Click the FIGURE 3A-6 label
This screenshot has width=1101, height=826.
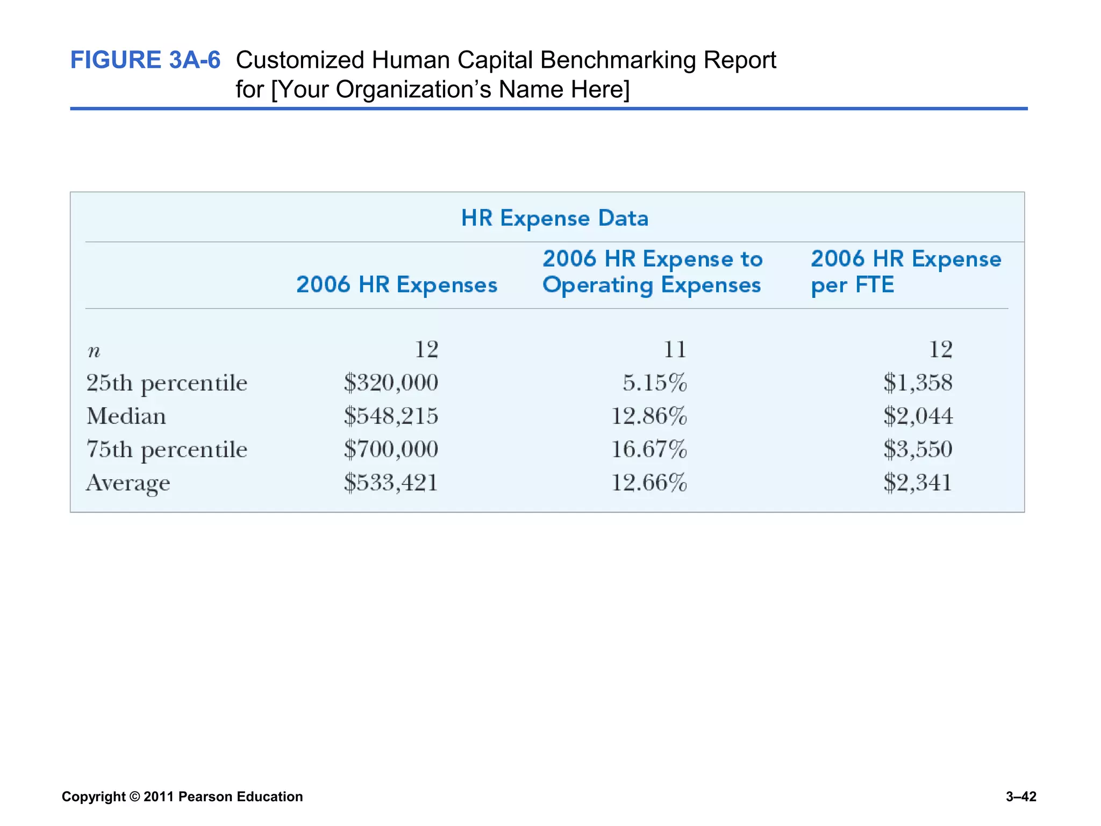[x=145, y=60]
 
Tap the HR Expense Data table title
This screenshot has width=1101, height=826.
[x=554, y=218]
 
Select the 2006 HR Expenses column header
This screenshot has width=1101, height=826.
[x=397, y=285]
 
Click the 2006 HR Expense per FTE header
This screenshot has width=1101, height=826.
[x=905, y=272]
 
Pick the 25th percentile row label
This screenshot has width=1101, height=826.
[x=167, y=383]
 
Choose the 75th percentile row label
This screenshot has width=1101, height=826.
[x=167, y=450]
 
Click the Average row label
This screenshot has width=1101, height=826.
[x=128, y=483]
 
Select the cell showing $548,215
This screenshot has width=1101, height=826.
[x=391, y=416]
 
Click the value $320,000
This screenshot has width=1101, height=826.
[x=391, y=383]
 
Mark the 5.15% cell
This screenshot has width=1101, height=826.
[x=654, y=383]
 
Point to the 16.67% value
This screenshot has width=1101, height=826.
[x=649, y=450]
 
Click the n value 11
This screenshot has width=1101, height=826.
[x=674, y=350]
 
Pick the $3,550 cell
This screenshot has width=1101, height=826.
[x=918, y=450]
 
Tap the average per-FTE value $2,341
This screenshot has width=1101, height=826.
[x=918, y=483]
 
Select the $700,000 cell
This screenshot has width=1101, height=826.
[x=391, y=450]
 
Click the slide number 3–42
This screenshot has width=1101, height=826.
[x=1020, y=796]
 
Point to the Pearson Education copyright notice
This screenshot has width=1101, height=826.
[x=182, y=796]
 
